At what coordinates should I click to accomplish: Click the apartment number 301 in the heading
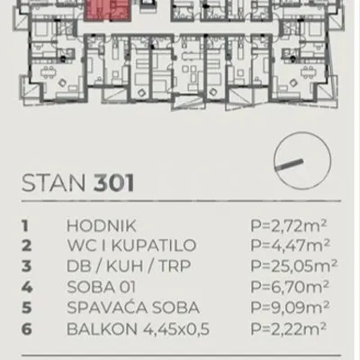click(x=114, y=183)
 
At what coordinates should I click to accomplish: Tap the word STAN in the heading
click(x=54, y=183)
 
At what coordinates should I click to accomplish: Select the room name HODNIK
click(x=102, y=226)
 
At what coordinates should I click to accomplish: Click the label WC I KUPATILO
click(x=131, y=246)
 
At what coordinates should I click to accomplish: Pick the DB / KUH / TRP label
click(x=129, y=266)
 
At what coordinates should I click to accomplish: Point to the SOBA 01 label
click(x=102, y=287)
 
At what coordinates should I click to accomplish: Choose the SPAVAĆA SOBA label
click(x=133, y=307)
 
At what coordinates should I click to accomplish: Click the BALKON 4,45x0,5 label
click(x=138, y=329)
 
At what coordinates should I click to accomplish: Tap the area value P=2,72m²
click(x=289, y=226)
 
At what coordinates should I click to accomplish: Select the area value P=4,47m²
click(x=290, y=246)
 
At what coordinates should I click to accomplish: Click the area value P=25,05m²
click(x=294, y=265)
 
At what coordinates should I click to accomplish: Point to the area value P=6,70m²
click(x=290, y=286)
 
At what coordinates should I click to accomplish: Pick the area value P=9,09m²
click(x=290, y=307)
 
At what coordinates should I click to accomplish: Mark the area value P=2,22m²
click(x=289, y=328)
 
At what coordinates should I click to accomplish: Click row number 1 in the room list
click(x=25, y=226)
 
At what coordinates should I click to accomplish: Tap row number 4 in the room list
click(x=27, y=287)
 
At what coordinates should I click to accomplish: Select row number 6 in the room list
click(x=26, y=329)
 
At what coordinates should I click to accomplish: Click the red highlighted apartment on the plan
click(x=107, y=10)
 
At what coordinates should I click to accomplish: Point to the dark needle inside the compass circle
click(x=289, y=165)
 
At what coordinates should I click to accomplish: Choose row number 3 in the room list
click(x=26, y=266)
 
